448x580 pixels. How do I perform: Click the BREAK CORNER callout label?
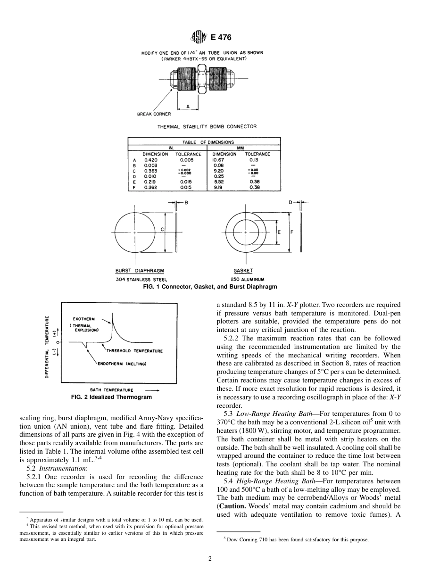tap(154, 114)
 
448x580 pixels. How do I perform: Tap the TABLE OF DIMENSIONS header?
tap(205, 142)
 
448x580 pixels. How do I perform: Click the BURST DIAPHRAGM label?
tap(136, 271)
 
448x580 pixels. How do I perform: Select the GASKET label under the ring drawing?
tap(243, 271)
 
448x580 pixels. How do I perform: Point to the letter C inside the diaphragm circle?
tap(162, 229)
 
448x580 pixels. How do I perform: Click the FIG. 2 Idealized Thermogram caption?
tap(111, 397)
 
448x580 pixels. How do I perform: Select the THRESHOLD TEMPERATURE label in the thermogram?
tap(134, 351)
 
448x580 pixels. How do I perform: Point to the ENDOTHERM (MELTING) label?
tap(122, 364)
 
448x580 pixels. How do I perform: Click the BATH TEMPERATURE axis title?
tap(111, 390)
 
